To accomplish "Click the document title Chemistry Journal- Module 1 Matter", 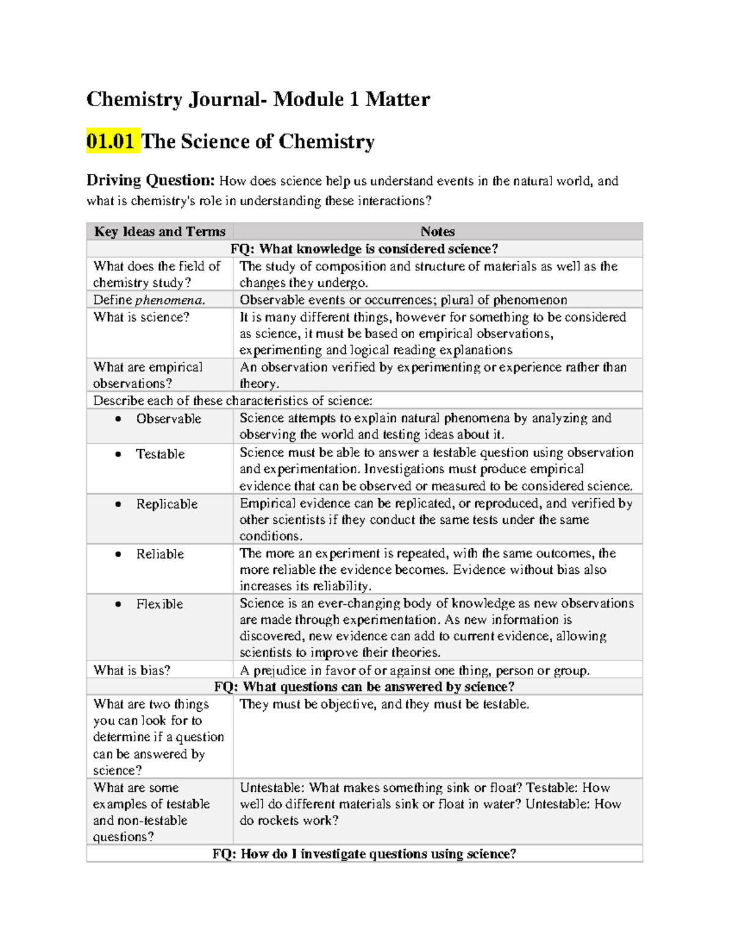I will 258,99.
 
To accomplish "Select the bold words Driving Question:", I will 150,180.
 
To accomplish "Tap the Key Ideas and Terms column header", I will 159,231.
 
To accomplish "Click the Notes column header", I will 437,231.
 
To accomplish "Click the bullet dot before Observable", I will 119,419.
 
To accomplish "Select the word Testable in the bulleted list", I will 160,454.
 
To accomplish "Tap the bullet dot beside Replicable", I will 119,504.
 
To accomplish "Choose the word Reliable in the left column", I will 160,554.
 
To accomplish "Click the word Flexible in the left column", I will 159,604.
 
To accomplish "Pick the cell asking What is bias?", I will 132,670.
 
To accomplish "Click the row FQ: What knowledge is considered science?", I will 364,248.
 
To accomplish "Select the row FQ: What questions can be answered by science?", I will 364,687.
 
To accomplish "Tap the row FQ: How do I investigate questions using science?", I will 364,853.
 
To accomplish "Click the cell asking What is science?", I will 142,317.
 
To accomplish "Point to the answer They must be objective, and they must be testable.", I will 384,704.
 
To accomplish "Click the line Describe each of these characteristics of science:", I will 233,400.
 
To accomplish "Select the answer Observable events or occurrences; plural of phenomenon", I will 403,300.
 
